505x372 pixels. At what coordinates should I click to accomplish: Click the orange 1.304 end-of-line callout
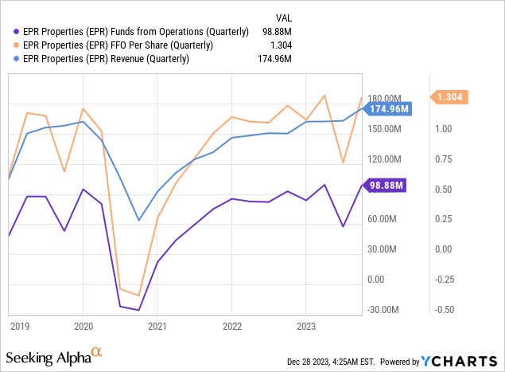[x=450, y=97]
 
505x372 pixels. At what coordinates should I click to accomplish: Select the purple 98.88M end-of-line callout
[x=387, y=186]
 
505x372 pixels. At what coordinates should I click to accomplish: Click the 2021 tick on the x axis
[x=157, y=326]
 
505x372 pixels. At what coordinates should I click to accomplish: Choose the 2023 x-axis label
[x=306, y=326]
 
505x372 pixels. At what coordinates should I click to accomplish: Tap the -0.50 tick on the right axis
[x=445, y=310]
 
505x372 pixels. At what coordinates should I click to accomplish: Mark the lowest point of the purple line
[x=138, y=310]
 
